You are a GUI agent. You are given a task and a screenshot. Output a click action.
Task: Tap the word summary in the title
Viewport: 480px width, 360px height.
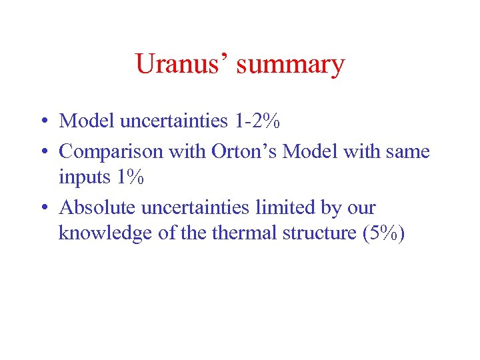(x=291, y=65)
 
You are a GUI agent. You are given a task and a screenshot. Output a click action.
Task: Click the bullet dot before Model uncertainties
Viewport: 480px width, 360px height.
(x=42, y=122)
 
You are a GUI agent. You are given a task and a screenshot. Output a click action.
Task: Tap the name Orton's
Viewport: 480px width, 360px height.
(x=244, y=151)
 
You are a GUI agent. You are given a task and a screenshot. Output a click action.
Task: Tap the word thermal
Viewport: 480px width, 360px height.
(x=245, y=233)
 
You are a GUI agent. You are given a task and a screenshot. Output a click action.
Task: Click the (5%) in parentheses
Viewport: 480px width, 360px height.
(x=382, y=233)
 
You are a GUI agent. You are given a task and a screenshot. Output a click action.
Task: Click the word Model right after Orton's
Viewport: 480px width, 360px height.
(x=309, y=151)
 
